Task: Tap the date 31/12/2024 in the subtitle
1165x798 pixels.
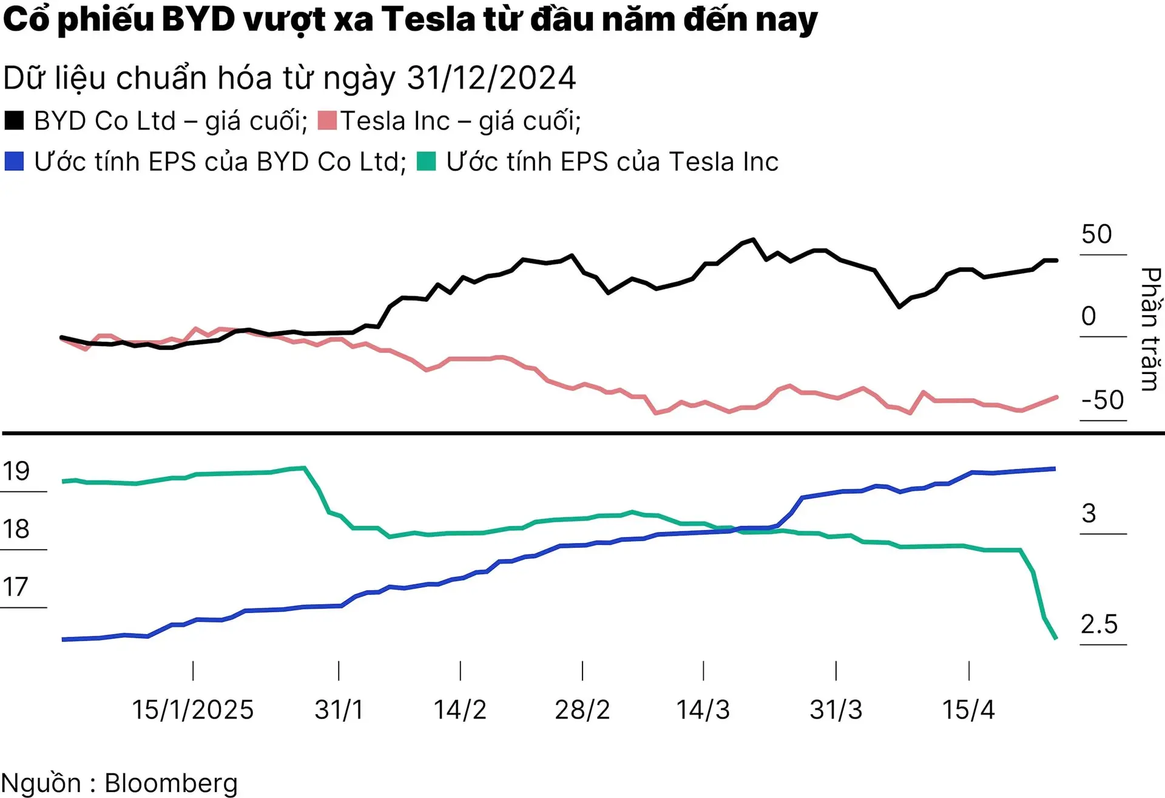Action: pyautogui.click(x=491, y=78)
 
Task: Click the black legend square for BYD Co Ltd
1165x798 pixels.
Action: pyautogui.click(x=14, y=120)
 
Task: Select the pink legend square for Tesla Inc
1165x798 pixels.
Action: pyautogui.click(x=327, y=120)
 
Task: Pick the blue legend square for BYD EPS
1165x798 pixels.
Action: pyautogui.click(x=14, y=162)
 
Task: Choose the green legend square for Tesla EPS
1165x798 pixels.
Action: pyautogui.click(x=427, y=162)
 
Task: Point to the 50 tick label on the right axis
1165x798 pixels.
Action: pyautogui.click(x=1096, y=234)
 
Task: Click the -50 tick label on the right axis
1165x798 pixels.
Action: pyautogui.click(x=1103, y=400)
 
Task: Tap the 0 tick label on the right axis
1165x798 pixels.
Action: pyautogui.click(x=1089, y=316)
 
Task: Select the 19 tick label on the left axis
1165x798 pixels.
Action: pyautogui.click(x=16, y=471)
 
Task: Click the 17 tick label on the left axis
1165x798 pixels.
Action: pyautogui.click(x=16, y=587)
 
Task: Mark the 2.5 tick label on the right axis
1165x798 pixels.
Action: pyautogui.click(x=1099, y=624)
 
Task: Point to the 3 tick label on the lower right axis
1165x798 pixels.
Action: pyautogui.click(x=1089, y=514)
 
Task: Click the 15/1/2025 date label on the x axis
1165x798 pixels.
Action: pyautogui.click(x=193, y=710)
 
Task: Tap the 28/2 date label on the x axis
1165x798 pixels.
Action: pyautogui.click(x=582, y=710)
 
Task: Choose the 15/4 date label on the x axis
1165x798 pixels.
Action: pyautogui.click(x=968, y=710)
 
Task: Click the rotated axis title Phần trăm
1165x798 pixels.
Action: pyautogui.click(x=1150, y=329)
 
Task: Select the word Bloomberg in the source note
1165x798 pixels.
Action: pyautogui.click(x=171, y=783)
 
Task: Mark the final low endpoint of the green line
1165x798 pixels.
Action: pyautogui.click(x=1056, y=638)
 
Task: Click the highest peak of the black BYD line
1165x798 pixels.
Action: pyautogui.click(x=753, y=240)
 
